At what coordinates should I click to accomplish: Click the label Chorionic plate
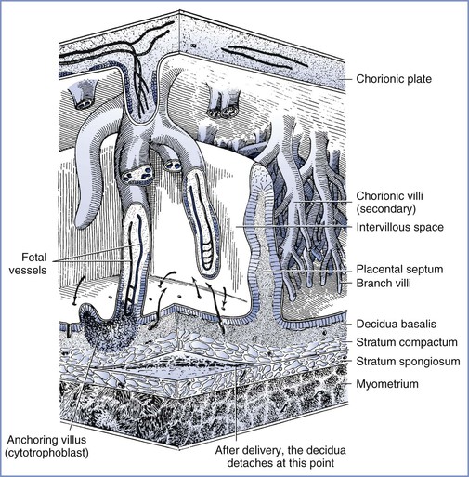tap(394, 79)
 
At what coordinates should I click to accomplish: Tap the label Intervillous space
tap(400, 227)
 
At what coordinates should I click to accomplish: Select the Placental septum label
tap(399, 269)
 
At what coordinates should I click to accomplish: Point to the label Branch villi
tap(384, 283)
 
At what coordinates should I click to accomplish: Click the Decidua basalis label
tap(397, 324)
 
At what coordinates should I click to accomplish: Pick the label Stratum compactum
tap(407, 342)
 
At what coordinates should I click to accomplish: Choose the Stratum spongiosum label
tap(408, 362)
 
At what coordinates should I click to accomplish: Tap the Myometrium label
tap(387, 384)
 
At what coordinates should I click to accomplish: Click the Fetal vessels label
tap(28, 263)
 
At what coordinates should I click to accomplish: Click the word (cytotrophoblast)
tap(47, 453)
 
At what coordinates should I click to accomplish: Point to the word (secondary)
tap(385, 209)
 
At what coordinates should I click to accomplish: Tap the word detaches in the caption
tap(248, 463)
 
